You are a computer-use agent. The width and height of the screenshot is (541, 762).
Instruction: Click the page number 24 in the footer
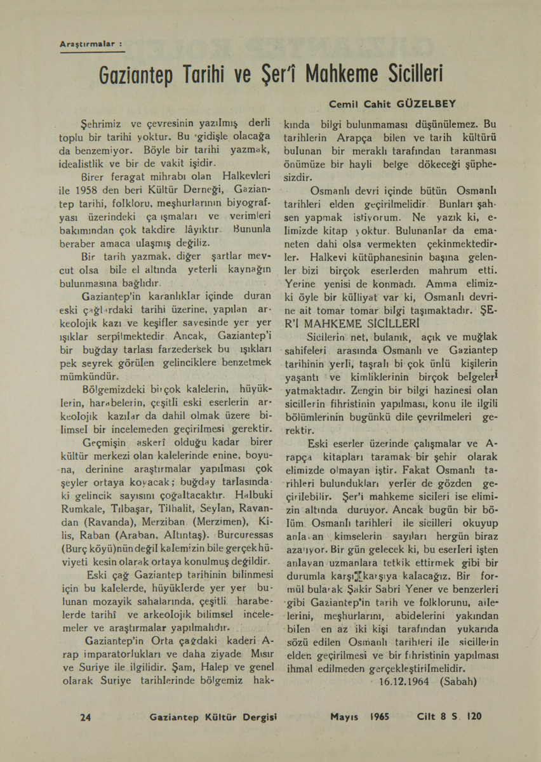point(86,717)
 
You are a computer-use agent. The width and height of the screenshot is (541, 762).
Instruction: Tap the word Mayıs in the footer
point(345,717)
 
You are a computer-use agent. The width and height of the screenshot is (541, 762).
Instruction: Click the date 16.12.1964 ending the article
point(403,681)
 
